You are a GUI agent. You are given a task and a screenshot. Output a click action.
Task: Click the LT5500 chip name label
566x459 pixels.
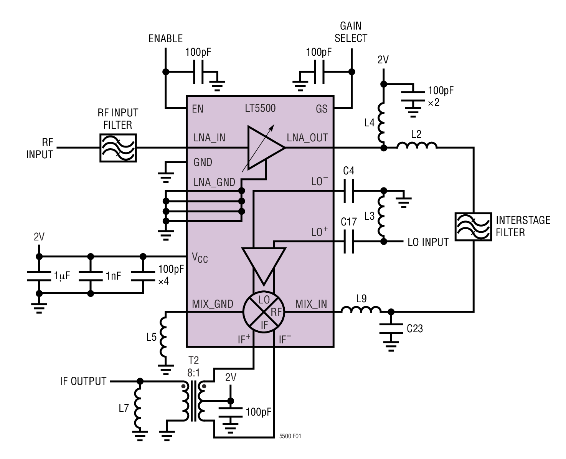(x=260, y=108)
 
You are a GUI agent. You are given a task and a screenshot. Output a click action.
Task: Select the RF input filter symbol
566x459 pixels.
(x=118, y=148)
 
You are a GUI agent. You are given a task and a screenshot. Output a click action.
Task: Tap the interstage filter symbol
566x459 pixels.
(x=473, y=227)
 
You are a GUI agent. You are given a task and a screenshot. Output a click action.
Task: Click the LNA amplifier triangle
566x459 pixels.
(x=264, y=147)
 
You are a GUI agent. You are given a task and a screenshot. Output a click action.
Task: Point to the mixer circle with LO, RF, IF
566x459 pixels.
(x=264, y=312)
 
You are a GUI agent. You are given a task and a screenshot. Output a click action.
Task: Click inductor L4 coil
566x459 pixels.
(x=382, y=123)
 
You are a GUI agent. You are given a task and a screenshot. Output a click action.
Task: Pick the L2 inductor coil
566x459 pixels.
(x=417, y=146)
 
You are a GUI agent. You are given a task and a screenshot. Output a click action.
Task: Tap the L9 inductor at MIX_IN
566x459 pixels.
(x=361, y=310)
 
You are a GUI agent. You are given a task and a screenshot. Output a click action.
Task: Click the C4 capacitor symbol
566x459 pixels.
(x=348, y=191)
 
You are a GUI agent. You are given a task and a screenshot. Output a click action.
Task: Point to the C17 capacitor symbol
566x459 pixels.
(x=348, y=242)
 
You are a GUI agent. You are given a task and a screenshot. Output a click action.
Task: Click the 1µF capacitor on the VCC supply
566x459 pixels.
(x=39, y=275)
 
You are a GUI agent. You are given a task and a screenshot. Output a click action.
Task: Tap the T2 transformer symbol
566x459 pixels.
(x=194, y=401)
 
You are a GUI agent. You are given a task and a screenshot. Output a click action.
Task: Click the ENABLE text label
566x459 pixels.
(x=165, y=39)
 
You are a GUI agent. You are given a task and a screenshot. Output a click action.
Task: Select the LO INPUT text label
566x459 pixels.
(x=428, y=242)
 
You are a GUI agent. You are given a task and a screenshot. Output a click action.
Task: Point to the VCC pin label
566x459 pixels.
(x=200, y=258)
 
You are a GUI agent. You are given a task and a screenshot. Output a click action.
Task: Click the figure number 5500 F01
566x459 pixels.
(x=290, y=436)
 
